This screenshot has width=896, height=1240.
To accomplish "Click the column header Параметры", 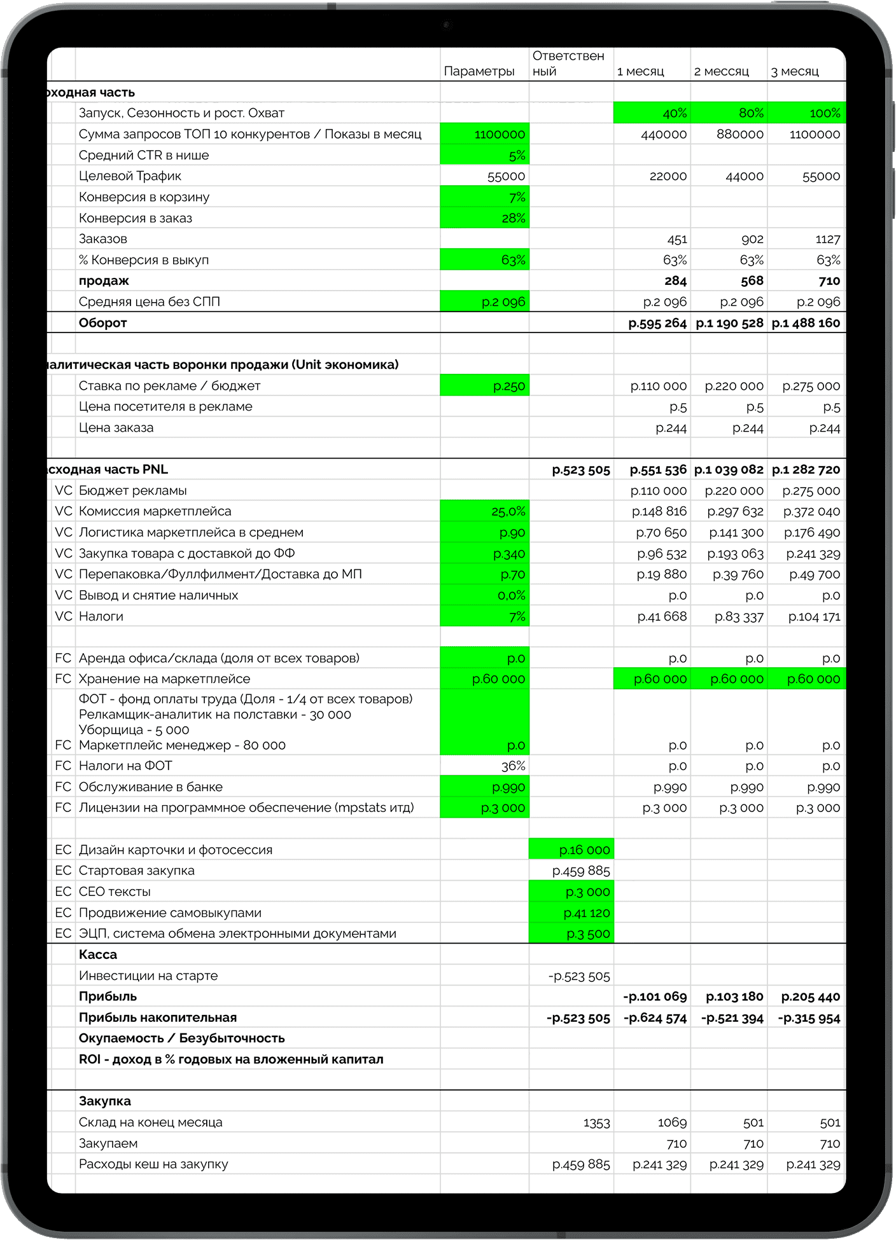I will (479, 71).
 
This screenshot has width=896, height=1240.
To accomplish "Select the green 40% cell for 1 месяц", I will (652, 113).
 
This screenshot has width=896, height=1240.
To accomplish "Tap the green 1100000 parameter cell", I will (485, 134).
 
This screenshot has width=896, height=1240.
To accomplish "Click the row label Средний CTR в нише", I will (143, 155).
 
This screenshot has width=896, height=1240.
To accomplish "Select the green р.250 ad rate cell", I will (485, 386).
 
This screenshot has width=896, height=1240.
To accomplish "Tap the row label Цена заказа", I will (116, 428).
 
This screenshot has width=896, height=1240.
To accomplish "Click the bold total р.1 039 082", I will (729, 470).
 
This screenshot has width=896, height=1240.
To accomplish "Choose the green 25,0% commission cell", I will (485, 511).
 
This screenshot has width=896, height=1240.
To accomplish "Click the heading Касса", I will (98, 954).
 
